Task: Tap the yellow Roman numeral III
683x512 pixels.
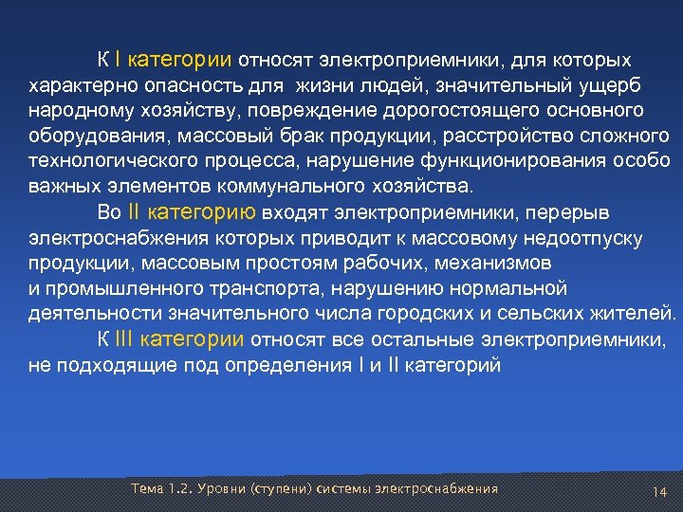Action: [x=126, y=338]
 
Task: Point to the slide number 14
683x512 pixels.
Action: [x=660, y=492]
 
